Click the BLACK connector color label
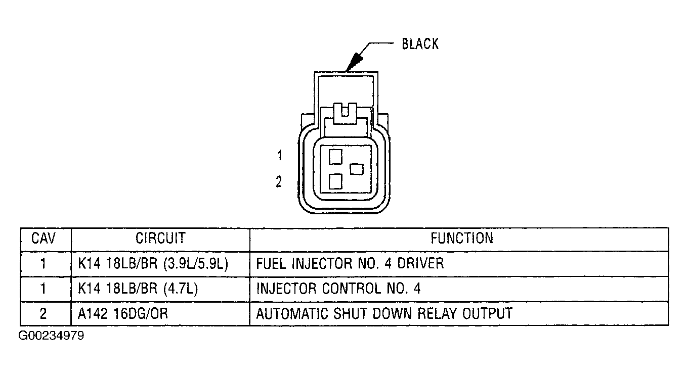(x=420, y=44)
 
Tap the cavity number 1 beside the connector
(x=279, y=156)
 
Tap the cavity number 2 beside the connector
(x=279, y=182)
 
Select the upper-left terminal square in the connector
(x=335, y=156)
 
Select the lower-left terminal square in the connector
(x=335, y=181)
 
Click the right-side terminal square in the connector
(x=357, y=169)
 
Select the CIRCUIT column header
(x=160, y=238)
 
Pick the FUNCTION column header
(x=461, y=238)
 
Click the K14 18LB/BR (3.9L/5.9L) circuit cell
(x=154, y=263)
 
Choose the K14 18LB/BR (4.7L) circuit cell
(x=138, y=289)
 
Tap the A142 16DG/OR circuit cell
(x=123, y=314)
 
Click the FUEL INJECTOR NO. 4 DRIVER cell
(x=350, y=263)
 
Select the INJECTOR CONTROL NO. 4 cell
(x=338, y=289)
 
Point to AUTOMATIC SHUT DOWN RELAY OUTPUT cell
(x=384, y=314)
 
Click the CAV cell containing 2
(x=44, y=314)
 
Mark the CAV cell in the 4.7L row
(x=44, y=289)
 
